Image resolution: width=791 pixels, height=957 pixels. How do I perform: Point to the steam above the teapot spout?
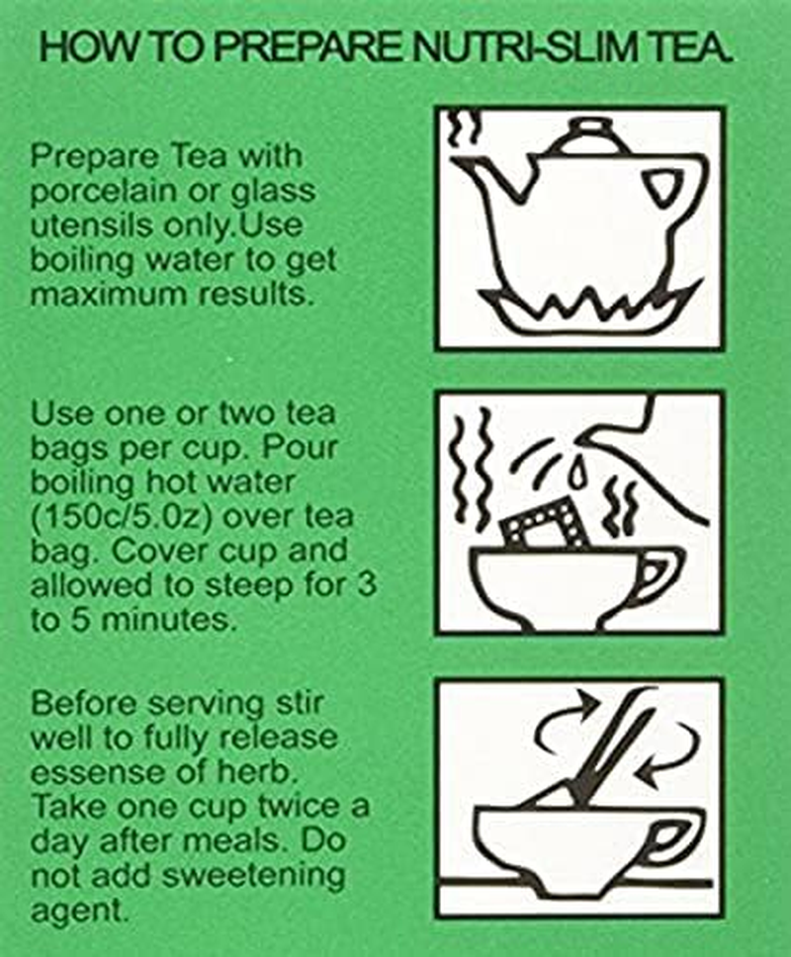coord(461,133)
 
